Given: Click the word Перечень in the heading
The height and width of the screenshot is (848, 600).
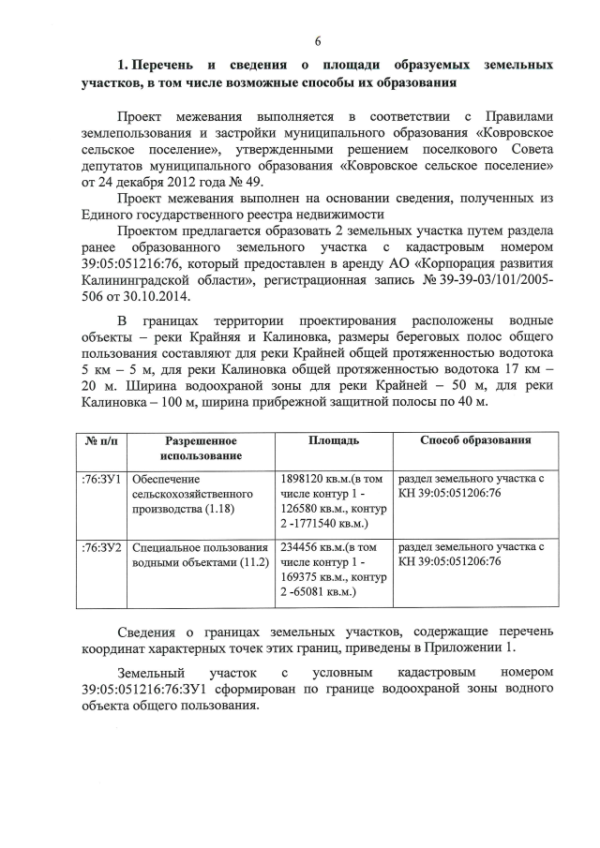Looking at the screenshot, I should click(x=165, y=66).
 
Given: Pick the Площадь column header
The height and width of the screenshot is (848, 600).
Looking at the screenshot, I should click(x=333, y=440).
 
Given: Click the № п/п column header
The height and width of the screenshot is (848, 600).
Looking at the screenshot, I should click(x=101, y=440).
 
